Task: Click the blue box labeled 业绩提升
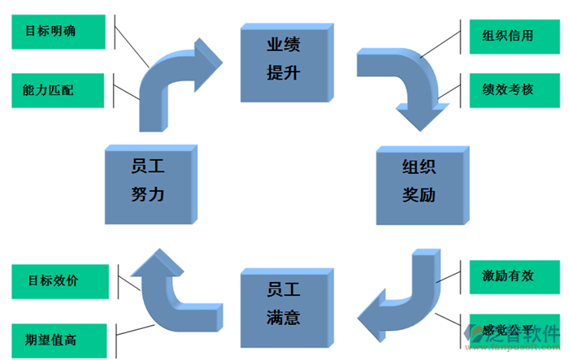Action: point(284,61)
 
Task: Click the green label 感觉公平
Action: point(508,331)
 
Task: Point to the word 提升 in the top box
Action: point(284,74)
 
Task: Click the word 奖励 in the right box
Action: point(419,196)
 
